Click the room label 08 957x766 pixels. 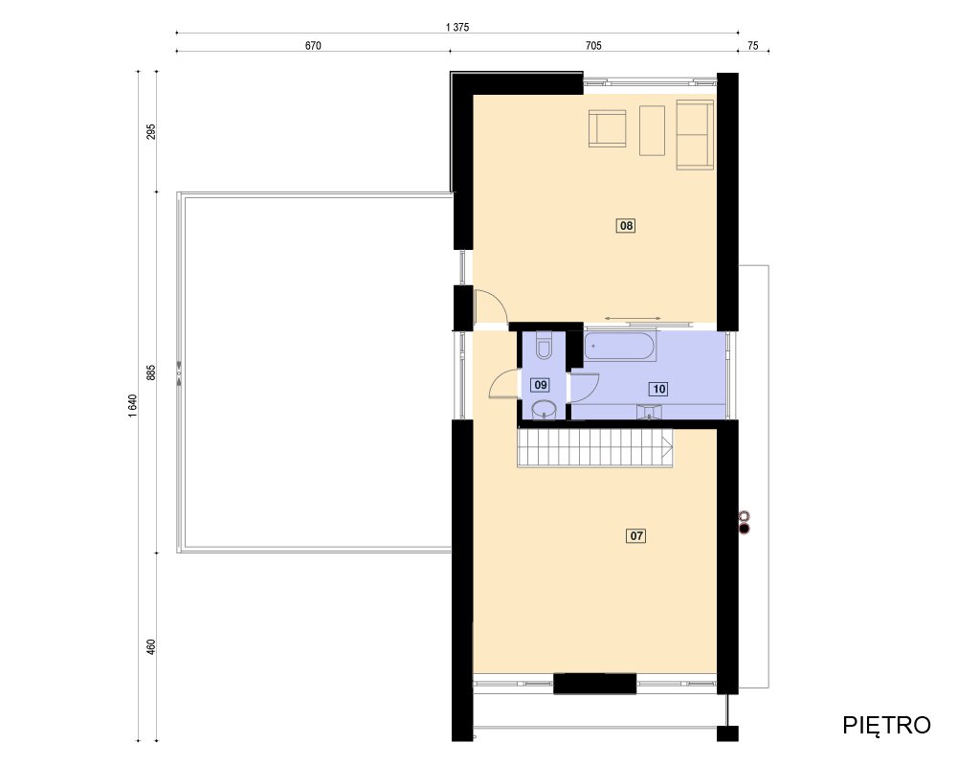[x=626, y=226]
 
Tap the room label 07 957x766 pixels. [x=636, y=535]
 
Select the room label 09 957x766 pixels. [x=540, y=385]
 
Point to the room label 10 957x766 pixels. [x=658, y=389]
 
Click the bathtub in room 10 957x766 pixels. [x=620, y=347]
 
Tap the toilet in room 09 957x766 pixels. [x=544, y=346]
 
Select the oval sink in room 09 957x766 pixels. [x=544, y=410]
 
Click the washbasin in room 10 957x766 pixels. [x=650, y=412]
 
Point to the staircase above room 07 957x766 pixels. [x=595, y=448]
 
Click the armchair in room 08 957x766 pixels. [x=608, y=128]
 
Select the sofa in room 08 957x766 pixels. [x=695, y=135]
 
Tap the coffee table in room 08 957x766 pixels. [x=652, y=130]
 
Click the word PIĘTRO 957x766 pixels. [x=886, y=725]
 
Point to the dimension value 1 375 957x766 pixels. [x=457, y=27]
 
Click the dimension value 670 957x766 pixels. [x=313, y=46]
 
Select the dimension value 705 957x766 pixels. [x=593, y=46]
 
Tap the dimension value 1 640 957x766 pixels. [x=133, y=406]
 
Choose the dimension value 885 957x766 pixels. [x=151, y=372]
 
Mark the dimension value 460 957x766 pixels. [x=151, y=647]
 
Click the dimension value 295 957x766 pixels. [x=151, y=131]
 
